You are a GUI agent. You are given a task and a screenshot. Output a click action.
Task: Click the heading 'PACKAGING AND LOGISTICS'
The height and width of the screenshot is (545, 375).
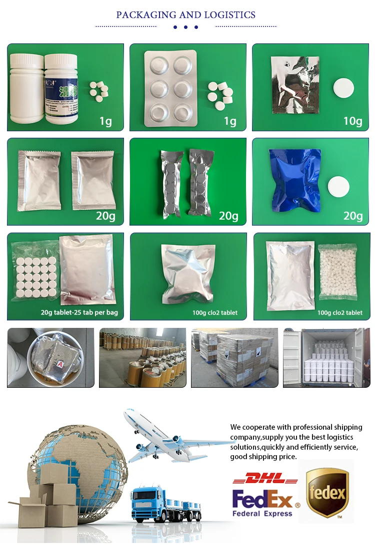pos(185,15)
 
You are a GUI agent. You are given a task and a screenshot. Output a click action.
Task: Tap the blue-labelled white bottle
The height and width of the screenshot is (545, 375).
pos(61,88)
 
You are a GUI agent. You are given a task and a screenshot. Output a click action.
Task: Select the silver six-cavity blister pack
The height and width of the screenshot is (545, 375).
pos(170,88)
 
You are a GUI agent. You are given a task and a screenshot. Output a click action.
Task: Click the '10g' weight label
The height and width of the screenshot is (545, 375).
pos(352,121)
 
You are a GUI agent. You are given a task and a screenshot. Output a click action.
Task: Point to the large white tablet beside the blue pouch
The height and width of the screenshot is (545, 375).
pos(338,186)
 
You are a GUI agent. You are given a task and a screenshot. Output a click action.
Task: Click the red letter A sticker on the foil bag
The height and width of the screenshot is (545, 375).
pos(60,365)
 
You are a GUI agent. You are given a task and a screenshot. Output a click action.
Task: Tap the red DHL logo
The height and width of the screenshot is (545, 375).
pos(265,479)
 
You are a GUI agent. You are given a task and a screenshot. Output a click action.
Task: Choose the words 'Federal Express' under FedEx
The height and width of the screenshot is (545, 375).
pos(262,513)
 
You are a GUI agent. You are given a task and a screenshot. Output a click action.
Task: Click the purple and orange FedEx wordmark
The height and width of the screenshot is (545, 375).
pos(263,498)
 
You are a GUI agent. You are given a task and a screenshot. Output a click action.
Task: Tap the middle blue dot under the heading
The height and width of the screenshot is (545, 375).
pos(185,27)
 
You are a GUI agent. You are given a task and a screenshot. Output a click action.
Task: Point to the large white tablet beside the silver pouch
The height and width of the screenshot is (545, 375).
pos(343,88)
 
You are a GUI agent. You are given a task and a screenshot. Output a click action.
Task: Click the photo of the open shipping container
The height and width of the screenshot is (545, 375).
pos(326,357)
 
